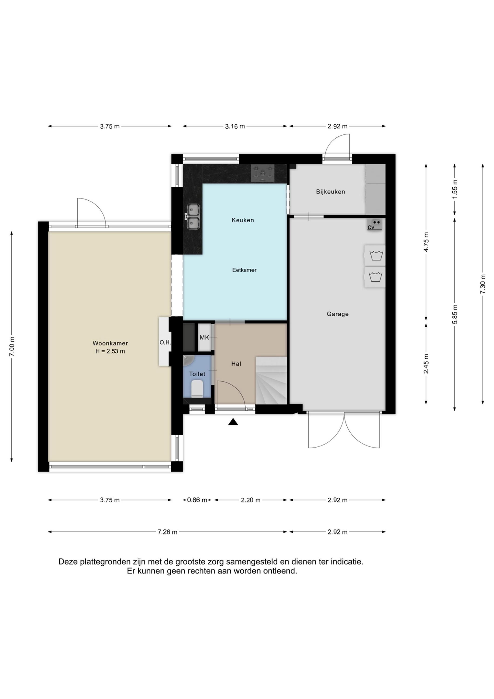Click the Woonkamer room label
pos(110,343)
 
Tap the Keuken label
pos(243,220)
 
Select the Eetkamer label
pos(244,270)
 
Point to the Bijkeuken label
pos(330,192)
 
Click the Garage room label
pos(338,314)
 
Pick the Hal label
pos(236,363)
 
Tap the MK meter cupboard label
pos(204,337)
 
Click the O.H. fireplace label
pos(165,343)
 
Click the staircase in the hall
pos(271,380)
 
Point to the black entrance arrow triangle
pos(233,422)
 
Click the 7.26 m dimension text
pos(168,532)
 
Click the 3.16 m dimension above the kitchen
pos(235,126)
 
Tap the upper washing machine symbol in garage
pos(375,255)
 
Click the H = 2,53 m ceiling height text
pos(110,351)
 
